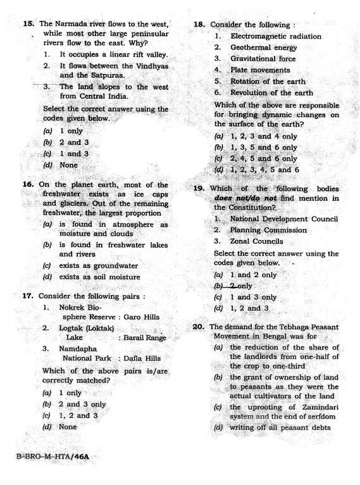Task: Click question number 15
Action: coord(28,23)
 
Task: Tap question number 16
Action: coord(27,185)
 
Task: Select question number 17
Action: coord(28,296)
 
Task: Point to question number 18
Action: coord(199,25)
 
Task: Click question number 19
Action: coord(199,189)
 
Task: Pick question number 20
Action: coord(198,327)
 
